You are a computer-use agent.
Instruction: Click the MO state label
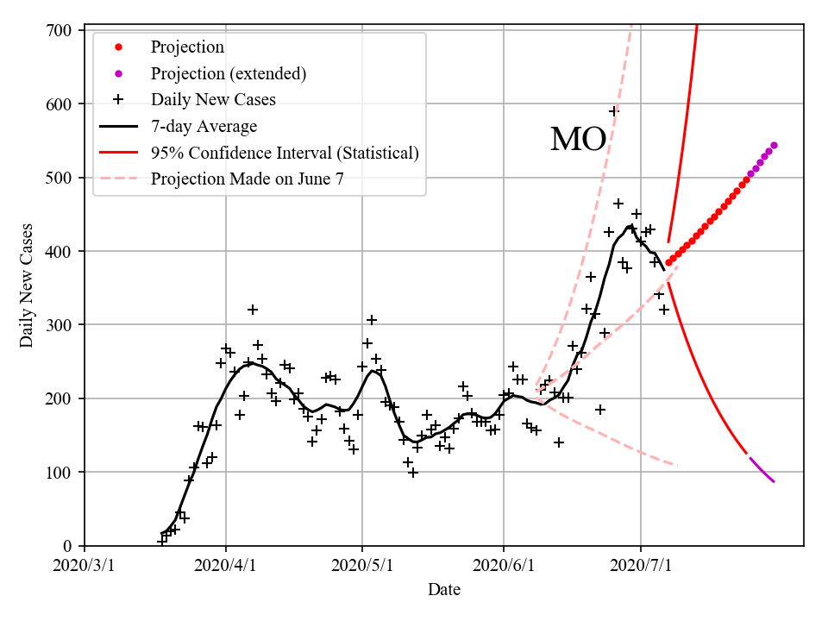point(578,140)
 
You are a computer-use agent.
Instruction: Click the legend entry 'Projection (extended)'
point(228,73)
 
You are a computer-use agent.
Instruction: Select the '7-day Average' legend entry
point(204,127)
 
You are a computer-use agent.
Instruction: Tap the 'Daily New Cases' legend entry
point(213,100)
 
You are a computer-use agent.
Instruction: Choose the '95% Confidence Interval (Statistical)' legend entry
point(285,154)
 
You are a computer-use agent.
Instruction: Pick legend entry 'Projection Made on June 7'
point(253,179)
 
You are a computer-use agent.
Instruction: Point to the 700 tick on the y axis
point(62,30)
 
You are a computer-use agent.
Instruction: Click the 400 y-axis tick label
point(62,251)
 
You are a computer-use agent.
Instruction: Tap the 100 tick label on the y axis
point(62,472)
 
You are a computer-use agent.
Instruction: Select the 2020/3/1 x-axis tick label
point(85,566)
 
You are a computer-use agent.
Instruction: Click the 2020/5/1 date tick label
point(363,566)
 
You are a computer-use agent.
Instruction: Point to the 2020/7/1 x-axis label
point(641,566)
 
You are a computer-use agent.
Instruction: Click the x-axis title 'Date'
point(444,590)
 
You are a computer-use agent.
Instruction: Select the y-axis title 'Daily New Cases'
point(27,287)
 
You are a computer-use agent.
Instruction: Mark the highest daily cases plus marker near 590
point(614,111)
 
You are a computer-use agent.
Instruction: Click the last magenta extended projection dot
point(774,145)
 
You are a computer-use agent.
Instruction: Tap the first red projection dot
point(668,263)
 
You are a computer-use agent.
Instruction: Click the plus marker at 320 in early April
point(253,310)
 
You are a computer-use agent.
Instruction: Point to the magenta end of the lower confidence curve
point(773,481)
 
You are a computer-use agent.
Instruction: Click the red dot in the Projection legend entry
point(118,47)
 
